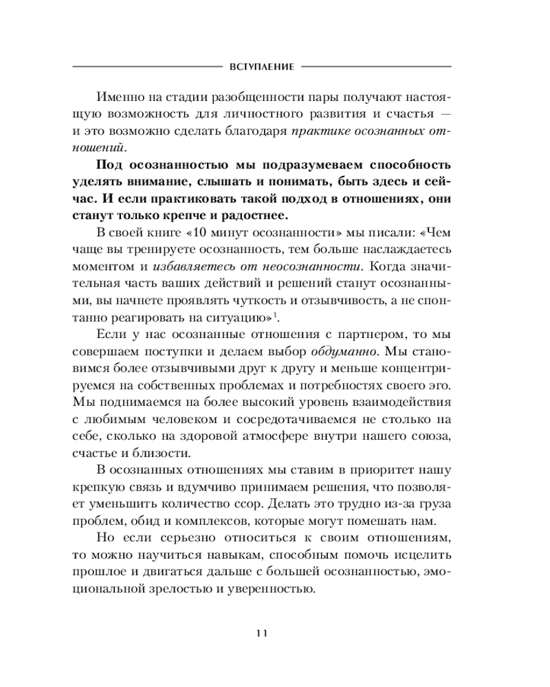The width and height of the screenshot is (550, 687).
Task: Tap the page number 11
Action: [x=261, y=633]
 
